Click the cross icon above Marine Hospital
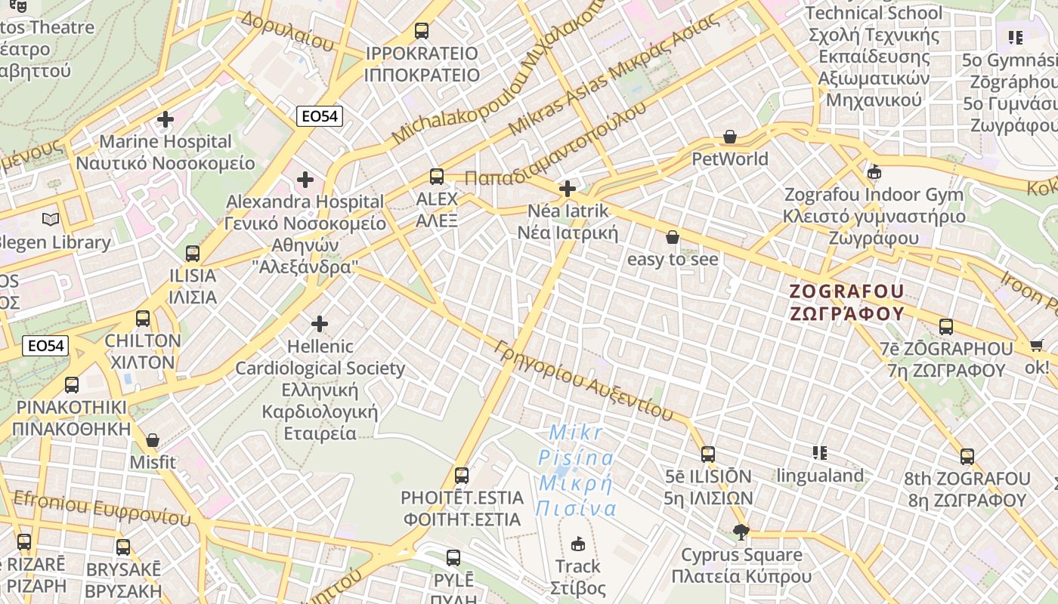click(x=166, y=119)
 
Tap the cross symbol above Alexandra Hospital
click(x=305, y=180)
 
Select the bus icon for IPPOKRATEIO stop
click(x=422, y=31)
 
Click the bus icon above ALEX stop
click(x=437, y=177)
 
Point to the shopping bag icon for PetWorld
click(x=730, y=137)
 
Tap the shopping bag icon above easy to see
click(x=673, y=238)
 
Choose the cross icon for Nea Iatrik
click(x=568, y=189)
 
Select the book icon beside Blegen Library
click(x=51, y=220)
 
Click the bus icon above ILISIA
click(x=193, y=254)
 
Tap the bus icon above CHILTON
click(x=143, y=319)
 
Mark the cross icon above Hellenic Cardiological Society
click(x=320, y=325)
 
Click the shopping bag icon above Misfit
click(x=153, y=440)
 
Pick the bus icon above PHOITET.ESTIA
click(x=462, y=476)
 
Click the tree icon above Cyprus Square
click(x=741, y=533)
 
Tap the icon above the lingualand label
click(x=820, y=453)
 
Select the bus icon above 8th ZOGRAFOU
click(x=967, y=457)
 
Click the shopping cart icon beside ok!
click(x=1035, y=346)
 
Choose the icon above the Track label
click(x=578, y=544)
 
